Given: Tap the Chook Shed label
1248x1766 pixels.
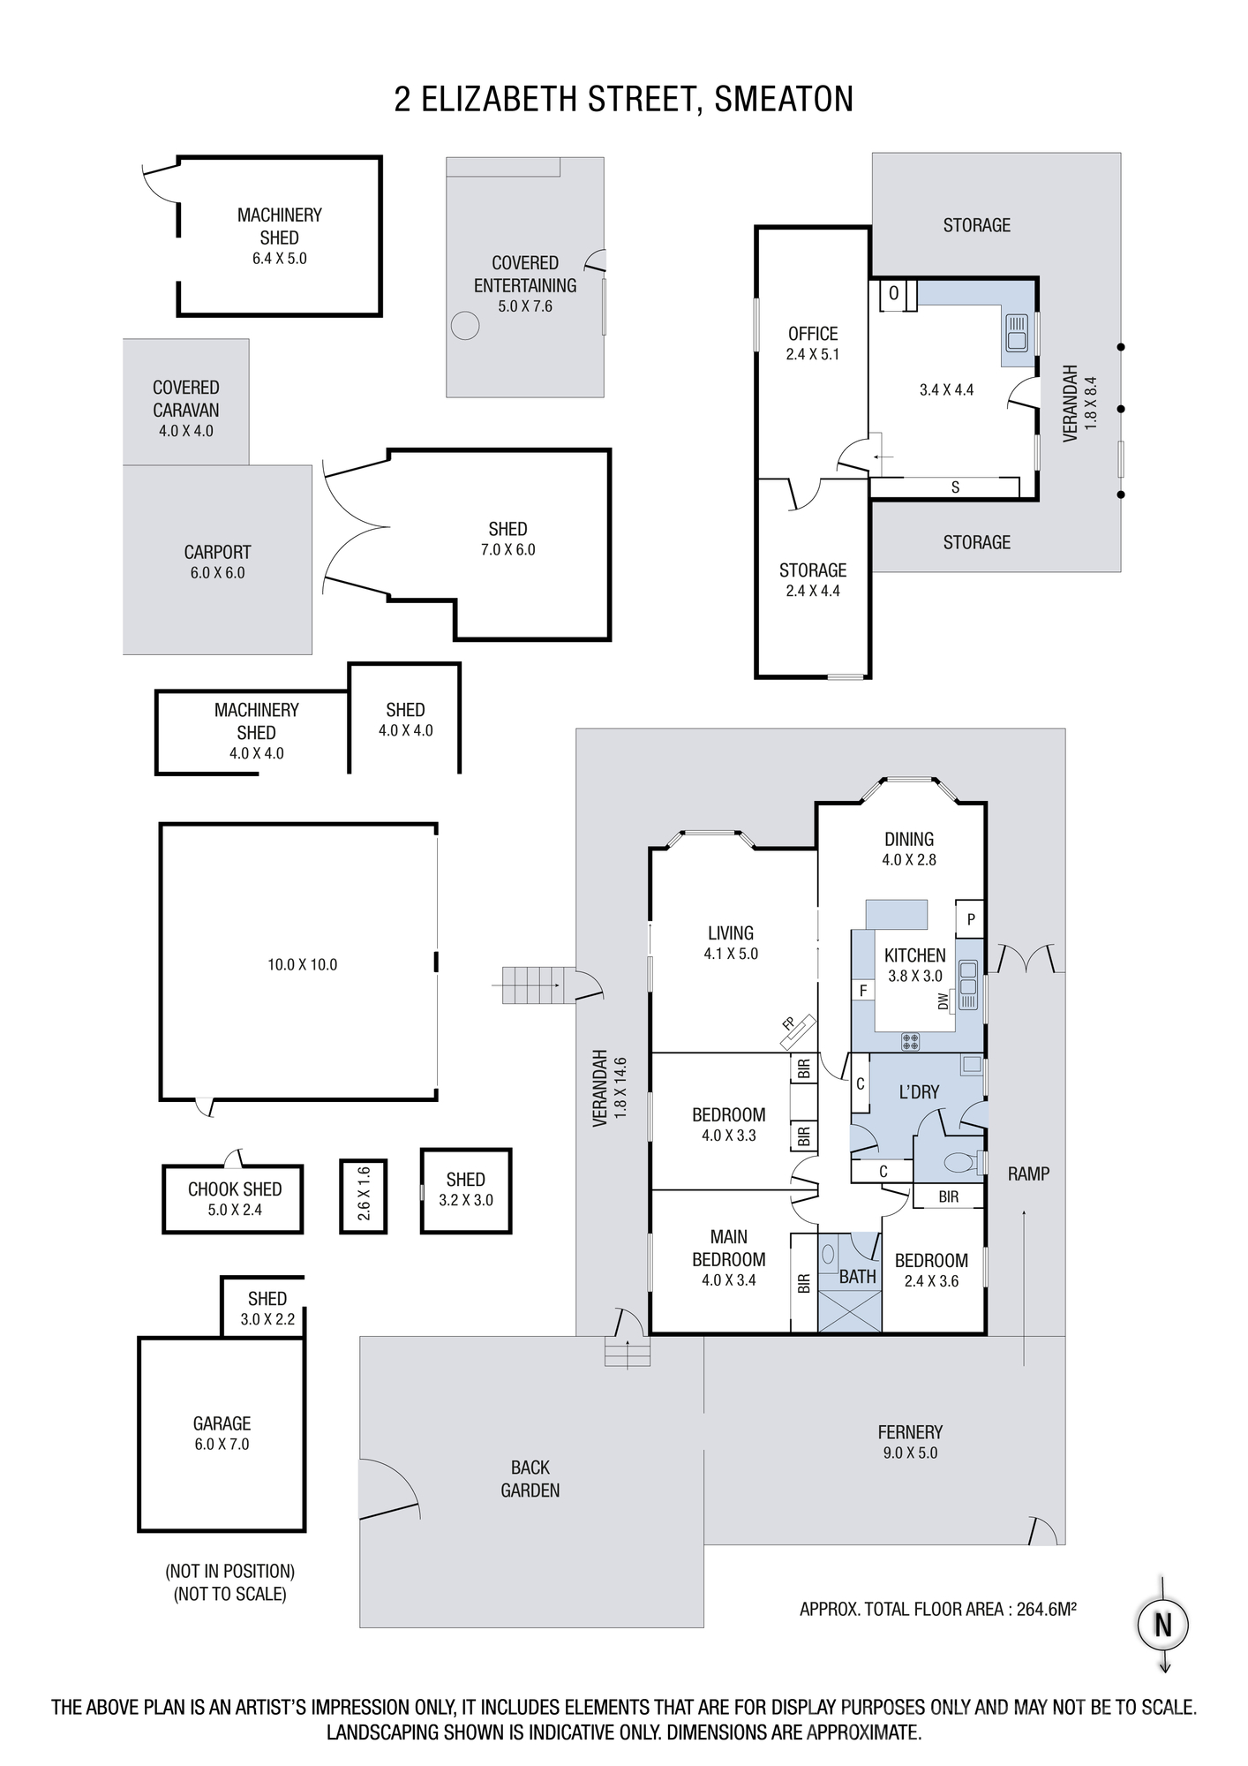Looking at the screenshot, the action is [235, 1199].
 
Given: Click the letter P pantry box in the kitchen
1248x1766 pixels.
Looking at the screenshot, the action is [971, 920].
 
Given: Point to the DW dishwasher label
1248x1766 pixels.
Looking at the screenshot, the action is [943, 1001].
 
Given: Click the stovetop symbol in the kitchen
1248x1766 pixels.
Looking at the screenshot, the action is [910, 1041].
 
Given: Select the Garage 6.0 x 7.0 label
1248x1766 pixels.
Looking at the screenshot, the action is [222, 1434].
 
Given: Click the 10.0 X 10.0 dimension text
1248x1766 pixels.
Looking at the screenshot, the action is [303, 965].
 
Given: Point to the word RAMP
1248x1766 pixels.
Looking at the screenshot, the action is [1028, 1174].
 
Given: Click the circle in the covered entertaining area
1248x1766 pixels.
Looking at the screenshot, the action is [464, 326].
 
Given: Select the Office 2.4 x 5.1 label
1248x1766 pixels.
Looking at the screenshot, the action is [813, 343].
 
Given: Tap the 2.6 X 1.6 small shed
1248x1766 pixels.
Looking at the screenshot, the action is [364, 1196].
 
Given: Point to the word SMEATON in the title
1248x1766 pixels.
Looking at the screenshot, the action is [784, 99].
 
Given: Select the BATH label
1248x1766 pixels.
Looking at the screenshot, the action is [857, 1276].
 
